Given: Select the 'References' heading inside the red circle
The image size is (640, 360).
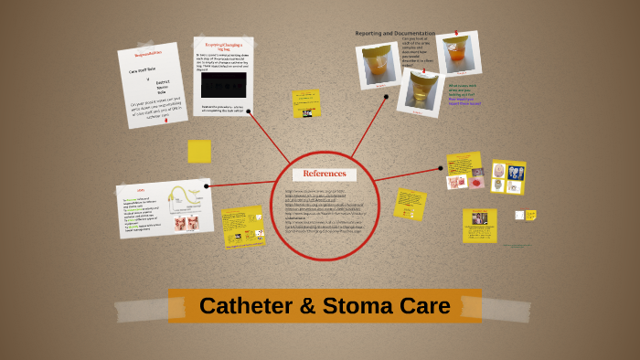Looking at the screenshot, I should (x=325, y=174).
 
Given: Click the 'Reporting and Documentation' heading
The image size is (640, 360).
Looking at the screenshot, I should (x=395, y=33).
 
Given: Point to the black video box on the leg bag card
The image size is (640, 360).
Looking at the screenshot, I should (x=223, y=85).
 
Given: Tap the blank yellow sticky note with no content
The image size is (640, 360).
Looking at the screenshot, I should (x=199, y=152).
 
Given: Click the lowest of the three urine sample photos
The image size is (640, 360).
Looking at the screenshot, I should (x=421, y=92).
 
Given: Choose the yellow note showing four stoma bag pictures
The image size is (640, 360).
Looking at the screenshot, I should (x=507, y=176).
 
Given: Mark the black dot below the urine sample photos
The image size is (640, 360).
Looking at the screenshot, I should (x=386, y=96).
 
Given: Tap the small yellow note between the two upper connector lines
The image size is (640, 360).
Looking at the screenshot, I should (x=305, y=102).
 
